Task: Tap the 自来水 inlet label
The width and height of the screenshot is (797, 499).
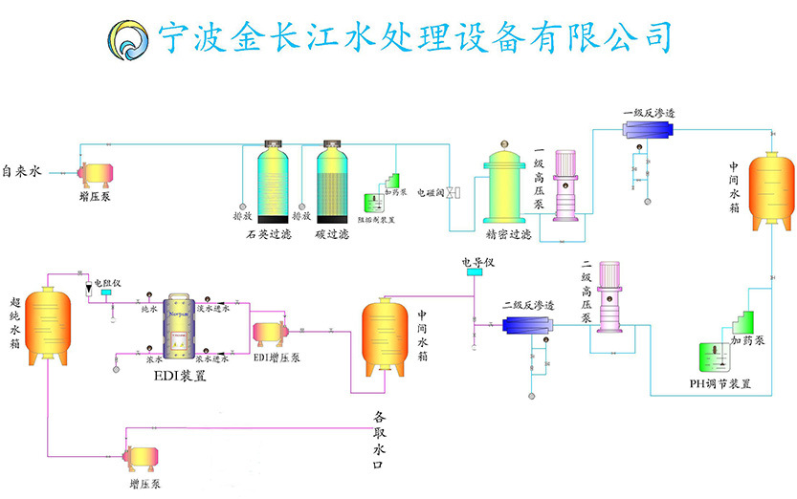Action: [x=22, y=173]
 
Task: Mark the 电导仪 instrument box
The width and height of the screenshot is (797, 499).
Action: [x=475, y=273]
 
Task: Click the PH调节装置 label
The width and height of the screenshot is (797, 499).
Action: [x=719, y=383]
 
